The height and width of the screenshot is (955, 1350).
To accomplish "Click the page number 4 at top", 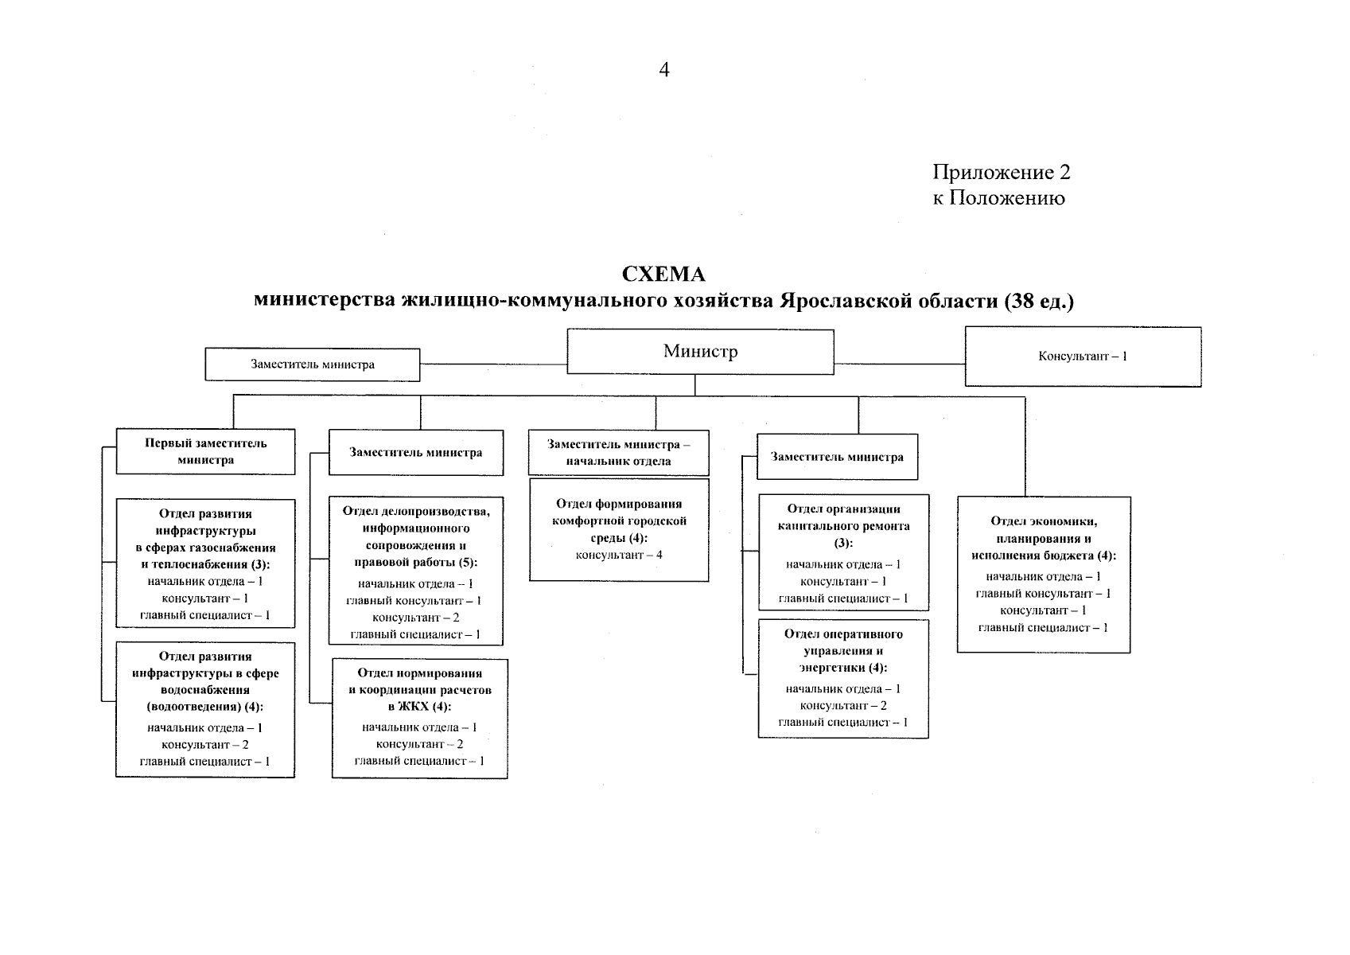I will (x=664, y=70).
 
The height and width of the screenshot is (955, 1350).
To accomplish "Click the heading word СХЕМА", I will (x=663, y=275).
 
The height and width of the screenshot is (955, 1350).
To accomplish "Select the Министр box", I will (x=700, y=352).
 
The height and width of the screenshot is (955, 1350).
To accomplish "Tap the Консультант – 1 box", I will (x=1083, y=357).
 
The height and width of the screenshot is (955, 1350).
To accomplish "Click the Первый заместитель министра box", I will (x=205, y=451).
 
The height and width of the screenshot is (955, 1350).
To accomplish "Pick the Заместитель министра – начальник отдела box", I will (x=618, y=453).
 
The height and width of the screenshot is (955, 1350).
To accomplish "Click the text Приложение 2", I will (x=1002, y=172).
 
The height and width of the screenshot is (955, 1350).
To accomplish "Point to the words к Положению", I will (x=998, y=198).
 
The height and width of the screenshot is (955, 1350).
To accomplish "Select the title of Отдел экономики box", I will (x=1043, y=538).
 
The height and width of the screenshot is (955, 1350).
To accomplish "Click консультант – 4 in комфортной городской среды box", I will (x=619, y=555).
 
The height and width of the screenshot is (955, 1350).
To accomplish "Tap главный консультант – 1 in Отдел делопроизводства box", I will (x=414, y=601).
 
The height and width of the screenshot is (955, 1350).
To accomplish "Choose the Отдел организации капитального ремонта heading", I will (x=843, y=525).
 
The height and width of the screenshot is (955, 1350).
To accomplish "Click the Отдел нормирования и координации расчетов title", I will (x=419, y=690).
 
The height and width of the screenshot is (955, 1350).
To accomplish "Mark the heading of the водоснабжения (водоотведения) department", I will (x=205, y=681).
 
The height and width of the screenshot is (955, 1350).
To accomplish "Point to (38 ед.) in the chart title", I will (x=1038, y=302).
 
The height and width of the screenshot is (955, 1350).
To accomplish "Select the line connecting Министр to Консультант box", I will (x=899, y=363).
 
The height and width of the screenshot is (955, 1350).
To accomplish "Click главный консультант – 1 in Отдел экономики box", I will (x=1043, y=594).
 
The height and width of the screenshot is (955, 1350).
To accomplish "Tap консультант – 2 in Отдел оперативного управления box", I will (x=843, y=706).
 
